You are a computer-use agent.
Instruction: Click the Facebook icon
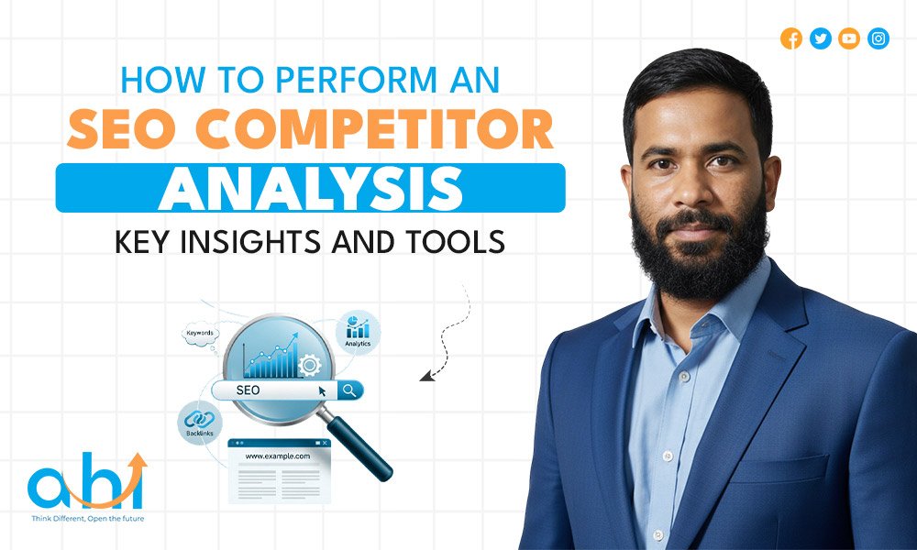[791, 38]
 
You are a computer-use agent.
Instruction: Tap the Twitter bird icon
[821, 38]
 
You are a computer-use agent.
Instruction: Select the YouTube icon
[849, 38]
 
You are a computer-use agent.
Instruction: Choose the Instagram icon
[878, 38]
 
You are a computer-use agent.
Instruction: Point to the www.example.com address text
[277, 456]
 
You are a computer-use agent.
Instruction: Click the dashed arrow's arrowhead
[425, 375]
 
